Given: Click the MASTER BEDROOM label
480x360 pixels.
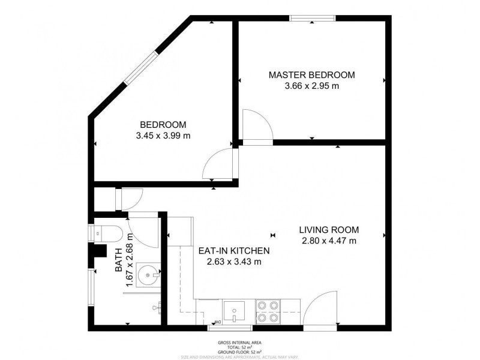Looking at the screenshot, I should [311, 75].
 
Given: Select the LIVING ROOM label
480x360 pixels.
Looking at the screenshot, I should [329, 230].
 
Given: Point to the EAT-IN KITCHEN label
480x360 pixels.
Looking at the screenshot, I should [234, 251].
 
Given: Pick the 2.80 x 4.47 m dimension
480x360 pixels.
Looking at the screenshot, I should [329, 241].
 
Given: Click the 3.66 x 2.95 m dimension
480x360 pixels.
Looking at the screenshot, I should [311, 86].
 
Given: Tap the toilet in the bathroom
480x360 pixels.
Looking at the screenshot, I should [108, 232].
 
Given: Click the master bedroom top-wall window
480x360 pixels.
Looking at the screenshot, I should [312, 19].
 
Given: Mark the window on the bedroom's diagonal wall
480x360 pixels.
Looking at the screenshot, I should [142, 68].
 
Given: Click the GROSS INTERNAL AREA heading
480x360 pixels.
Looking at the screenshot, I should [239, 342].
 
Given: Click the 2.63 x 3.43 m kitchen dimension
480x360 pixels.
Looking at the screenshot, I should [234, 262].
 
